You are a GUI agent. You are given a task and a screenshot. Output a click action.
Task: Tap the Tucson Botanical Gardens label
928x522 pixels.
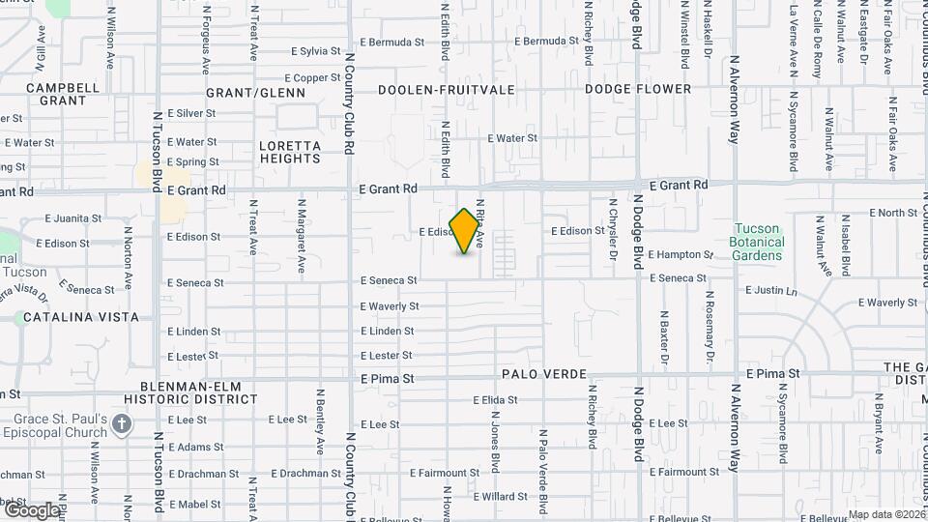point(757,242)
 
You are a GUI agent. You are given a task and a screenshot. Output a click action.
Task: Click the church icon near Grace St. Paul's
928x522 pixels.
point(122,423)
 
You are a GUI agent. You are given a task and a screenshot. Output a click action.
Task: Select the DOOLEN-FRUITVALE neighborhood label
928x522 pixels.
point(446,89)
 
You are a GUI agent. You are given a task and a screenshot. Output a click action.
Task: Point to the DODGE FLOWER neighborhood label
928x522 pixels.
point(638,89)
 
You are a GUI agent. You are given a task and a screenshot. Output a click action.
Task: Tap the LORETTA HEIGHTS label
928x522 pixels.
point(290,153)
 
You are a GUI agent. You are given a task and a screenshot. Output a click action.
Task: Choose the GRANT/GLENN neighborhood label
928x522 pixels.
point(255,93)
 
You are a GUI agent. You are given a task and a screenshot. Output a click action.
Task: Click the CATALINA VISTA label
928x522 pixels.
point(81,317)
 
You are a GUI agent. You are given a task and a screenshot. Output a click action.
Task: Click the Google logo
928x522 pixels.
point(31,508)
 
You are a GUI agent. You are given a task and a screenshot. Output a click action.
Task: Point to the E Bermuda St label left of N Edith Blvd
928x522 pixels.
point(391,43)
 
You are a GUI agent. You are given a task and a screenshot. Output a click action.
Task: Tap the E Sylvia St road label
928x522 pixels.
point(315,50)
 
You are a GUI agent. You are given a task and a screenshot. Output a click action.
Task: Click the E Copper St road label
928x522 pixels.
point(310,78)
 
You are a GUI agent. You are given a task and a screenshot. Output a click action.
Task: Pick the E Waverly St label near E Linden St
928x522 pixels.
point(389,306)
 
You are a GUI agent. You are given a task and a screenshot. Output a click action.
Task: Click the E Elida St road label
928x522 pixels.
point(497,400)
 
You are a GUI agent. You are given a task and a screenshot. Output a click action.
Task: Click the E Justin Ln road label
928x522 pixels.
point(771,290)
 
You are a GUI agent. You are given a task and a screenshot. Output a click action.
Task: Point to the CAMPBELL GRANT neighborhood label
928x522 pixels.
point(63,94)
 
